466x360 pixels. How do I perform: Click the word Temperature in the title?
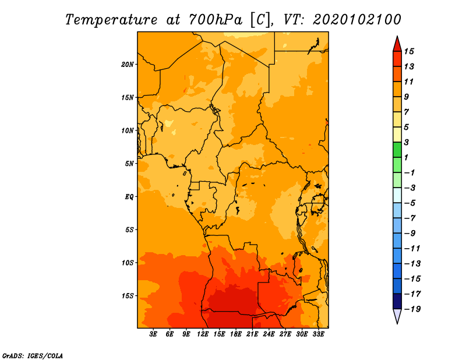coord(111,20)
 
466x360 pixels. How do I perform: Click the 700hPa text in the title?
coord(215,20)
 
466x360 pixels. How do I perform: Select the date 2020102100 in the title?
coord(357,20)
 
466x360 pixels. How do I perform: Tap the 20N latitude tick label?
coord(127,65)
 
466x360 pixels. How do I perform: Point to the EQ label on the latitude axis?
coord(129,197)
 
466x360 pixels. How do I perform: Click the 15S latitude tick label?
coord(128,296)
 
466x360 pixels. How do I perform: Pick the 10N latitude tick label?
coord(127,130)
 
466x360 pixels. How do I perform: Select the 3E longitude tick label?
coord(153,334)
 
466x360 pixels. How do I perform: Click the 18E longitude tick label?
coord(236,334)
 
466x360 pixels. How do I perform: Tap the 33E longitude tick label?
coord(318,334)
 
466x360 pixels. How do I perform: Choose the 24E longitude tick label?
coord(269,334)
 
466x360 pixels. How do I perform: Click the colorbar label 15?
coord(409,51)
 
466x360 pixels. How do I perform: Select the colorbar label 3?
coord(407,142)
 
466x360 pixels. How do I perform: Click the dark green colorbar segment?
coord(397,150)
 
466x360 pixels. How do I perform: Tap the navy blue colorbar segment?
coord(397,301)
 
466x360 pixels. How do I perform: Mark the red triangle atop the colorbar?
coord(397,44)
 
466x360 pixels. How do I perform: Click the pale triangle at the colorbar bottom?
coord(397,316)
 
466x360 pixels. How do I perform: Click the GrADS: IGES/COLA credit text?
coord(33,355)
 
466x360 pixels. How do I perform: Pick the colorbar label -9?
coord(410,234)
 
